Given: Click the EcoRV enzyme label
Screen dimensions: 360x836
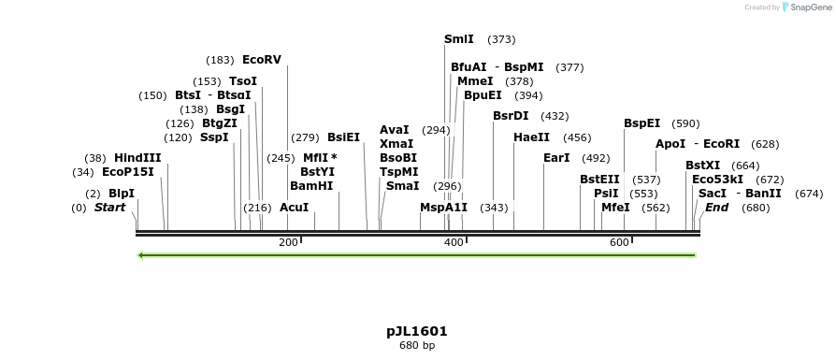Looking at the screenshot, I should pos(261,60).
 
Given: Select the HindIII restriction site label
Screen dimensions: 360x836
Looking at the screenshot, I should pos(137,158).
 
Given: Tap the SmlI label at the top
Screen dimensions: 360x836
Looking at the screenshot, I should pos(458,39).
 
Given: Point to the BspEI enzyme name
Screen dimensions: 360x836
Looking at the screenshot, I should pos(641,123).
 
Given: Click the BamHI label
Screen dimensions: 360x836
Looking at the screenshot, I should pos(311,185).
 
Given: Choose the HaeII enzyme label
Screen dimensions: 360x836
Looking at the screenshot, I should pos(531,137).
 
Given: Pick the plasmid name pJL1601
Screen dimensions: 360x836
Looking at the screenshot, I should pos(416,331).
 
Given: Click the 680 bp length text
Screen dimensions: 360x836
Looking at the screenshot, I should pos(416,346).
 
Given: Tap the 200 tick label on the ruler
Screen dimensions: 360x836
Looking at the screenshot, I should pos(288,243).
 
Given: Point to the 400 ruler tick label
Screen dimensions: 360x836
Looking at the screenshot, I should pos(454,243).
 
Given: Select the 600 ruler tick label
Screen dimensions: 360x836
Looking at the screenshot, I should pos(619,243).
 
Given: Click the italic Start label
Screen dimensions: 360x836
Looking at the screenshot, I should pos(109,207).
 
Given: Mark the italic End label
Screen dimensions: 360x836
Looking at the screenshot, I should pos(716,207).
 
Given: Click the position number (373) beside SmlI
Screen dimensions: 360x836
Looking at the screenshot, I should pos(502,39).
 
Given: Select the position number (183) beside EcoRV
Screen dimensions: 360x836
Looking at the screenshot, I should pos(221,60).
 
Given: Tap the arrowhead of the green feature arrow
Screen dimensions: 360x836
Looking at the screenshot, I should pos(140,254).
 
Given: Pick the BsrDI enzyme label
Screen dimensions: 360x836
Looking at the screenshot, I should pos(511,116).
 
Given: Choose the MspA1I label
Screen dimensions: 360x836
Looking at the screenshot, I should pos(443,207).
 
